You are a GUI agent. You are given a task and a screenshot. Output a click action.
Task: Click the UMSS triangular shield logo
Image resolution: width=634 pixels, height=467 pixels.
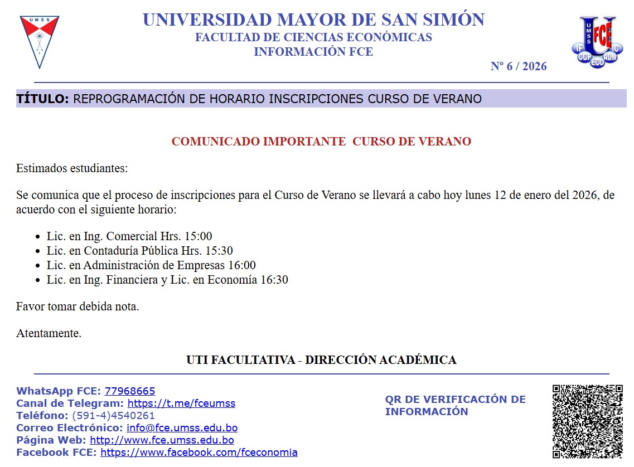click(40, 41)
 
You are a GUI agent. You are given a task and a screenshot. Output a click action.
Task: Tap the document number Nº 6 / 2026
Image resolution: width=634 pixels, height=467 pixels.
click(519, 66)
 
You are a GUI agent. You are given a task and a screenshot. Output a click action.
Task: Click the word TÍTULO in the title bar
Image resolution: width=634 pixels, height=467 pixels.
click(42, 99)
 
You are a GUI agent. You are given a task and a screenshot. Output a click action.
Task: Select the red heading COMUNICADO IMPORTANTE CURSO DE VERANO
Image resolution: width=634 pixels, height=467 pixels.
click(321, 142)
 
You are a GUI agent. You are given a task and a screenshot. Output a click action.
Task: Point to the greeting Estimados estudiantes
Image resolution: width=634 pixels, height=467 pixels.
click(72, 168)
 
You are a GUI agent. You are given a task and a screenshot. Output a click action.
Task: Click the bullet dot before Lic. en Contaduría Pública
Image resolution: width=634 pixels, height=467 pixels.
click(37, 251)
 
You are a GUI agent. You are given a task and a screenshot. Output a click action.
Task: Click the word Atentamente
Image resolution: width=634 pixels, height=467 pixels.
click(49, 334)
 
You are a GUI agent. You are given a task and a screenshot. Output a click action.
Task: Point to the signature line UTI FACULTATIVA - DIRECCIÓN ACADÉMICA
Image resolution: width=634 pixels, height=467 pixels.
click(321, 360)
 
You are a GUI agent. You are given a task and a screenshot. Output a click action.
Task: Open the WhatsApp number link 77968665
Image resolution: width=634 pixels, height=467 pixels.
click(130, 391)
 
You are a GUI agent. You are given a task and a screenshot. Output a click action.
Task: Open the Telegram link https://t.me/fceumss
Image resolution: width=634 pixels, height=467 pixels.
click(181, 403)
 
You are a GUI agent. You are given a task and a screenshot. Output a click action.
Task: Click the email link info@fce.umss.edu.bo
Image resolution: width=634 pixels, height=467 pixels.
click(182, 428)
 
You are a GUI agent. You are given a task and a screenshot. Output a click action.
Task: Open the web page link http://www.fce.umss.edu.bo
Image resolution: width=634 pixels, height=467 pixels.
click(162, 440)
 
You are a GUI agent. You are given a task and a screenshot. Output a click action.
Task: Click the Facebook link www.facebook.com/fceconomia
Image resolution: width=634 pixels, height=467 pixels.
click(199, 453)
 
